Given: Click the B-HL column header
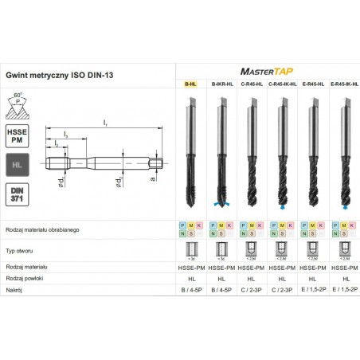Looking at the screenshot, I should (191, 84).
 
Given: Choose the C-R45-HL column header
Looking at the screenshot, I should (250, 84).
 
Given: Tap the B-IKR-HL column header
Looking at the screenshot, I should (221, 84).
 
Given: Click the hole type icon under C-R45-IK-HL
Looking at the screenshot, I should (280, 251).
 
